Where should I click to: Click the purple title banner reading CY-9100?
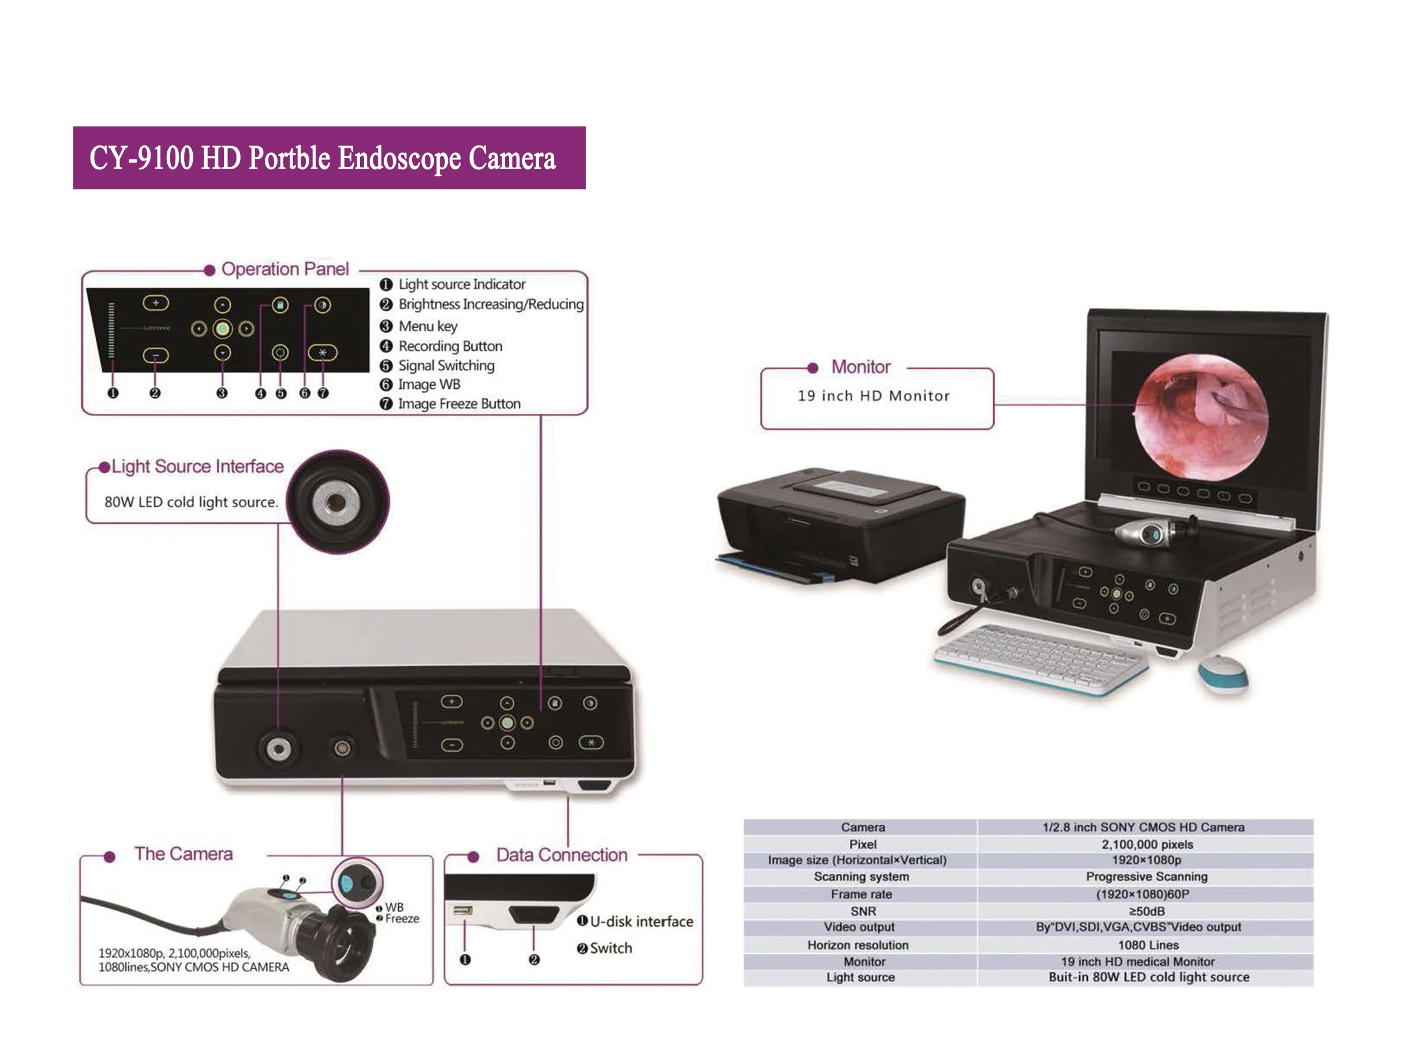pos(329,158)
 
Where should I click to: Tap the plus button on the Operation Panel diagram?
pos(155,304)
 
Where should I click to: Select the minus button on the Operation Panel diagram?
pos(155,355)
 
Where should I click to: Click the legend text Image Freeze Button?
pos(458,404)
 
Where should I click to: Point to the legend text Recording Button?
pos(450,346)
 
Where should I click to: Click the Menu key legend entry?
pos(427,326)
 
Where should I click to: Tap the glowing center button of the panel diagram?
pos(222,329)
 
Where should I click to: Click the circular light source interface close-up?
pos(336,502)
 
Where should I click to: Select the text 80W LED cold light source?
pos(191,502)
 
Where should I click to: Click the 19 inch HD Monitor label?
pos(873,396)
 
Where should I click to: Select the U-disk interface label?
pos(641,921)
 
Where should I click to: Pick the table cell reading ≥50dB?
pos(1146,911)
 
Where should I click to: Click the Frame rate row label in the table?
pos(862,894)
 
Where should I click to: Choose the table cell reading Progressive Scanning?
pos(1146,877)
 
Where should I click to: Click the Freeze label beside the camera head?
pos(402,919)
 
